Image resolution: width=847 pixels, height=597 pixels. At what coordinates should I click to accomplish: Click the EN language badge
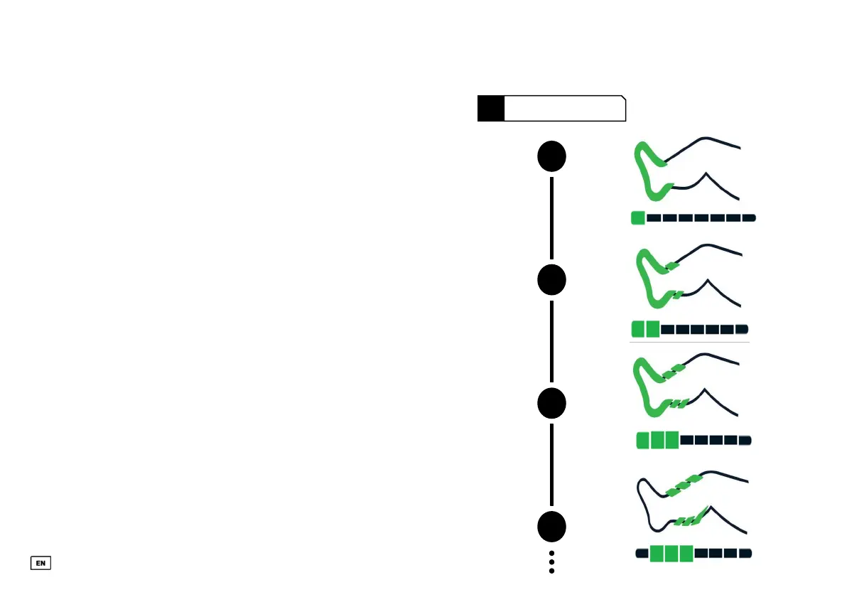pyautogui.click(x=41, y=563)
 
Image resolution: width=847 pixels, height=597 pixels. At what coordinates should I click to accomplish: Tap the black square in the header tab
pyautogui.click(x=491, y=109)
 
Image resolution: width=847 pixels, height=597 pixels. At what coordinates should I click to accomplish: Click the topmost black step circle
pyautogui.click(x=551, y=157)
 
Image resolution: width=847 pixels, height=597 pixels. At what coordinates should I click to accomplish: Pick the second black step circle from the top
pyautogui.click(x=551, y=280)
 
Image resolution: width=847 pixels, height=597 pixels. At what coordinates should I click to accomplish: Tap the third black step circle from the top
pyautogui.click(x=551, y=404)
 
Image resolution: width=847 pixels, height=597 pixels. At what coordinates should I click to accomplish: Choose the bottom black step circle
pyautogui.click(x=551, y=527)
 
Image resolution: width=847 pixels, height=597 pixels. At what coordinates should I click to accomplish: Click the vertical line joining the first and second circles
pyautogui.click(x=551, y=218)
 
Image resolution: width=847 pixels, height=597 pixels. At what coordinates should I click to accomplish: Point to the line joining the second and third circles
pyautogui.click(x=551, y=342)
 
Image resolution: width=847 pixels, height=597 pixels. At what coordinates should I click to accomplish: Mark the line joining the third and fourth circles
pyautogui.click(x=551, y=465)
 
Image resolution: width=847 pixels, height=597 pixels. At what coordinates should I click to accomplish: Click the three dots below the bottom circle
pyautogui.click(x=551, y=562)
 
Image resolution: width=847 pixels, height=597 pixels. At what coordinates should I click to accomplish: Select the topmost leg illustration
pyautogui.click(x=686, y=171)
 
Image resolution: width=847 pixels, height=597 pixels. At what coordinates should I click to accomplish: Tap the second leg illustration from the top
pyautogui.click(x=686, y=279)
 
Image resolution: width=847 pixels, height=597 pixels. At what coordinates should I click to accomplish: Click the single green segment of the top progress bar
pyautogui.click(x=637, y=218)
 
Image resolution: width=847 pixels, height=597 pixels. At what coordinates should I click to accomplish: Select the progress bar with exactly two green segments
pyautogui.click(x=689, y=329)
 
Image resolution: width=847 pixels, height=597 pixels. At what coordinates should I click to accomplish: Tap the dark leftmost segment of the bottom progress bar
pyautogui.click(x=642, y=553)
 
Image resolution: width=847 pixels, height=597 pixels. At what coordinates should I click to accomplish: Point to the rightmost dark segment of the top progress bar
pyautogui.click(x=748, y=218)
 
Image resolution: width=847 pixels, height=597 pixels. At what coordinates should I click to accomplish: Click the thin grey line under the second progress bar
pyautogui.click(x=689, y=343)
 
